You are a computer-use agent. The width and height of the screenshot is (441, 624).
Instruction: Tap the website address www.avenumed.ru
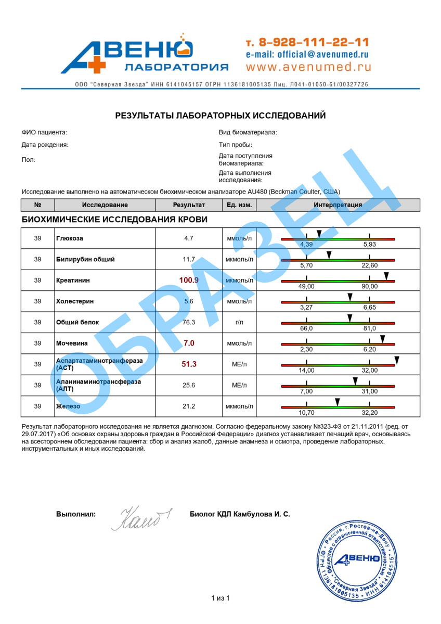(308, 67)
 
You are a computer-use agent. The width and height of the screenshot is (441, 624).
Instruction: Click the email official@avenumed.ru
(307, 54)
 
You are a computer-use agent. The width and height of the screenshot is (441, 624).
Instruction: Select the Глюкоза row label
(70, 238)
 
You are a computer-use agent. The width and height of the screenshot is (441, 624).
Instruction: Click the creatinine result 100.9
(189, 280)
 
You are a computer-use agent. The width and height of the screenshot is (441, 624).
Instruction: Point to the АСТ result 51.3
(189, 364)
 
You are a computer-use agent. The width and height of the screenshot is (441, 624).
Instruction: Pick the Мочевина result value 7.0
(189, 343)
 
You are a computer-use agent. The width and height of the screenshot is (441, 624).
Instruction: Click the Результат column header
(189, 205)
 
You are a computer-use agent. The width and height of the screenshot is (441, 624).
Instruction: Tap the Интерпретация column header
(338, 205)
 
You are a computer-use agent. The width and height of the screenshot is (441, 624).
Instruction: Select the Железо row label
(68, 406)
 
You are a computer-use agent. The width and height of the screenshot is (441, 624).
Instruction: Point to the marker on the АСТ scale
(396, 360)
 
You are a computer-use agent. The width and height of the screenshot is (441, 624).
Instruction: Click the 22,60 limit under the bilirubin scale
(369, 265)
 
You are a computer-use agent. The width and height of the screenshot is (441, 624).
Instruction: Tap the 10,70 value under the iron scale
(306, 412)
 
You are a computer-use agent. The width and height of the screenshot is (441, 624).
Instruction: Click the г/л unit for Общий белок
(239, 322)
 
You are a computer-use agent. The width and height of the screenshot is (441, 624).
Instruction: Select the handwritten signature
(141, 517)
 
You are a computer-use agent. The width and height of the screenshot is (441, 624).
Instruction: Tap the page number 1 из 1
(220, 598)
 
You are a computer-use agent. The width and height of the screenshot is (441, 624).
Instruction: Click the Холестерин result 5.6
(189, 301)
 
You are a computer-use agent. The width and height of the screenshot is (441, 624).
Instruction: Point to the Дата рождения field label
(45, 145)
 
